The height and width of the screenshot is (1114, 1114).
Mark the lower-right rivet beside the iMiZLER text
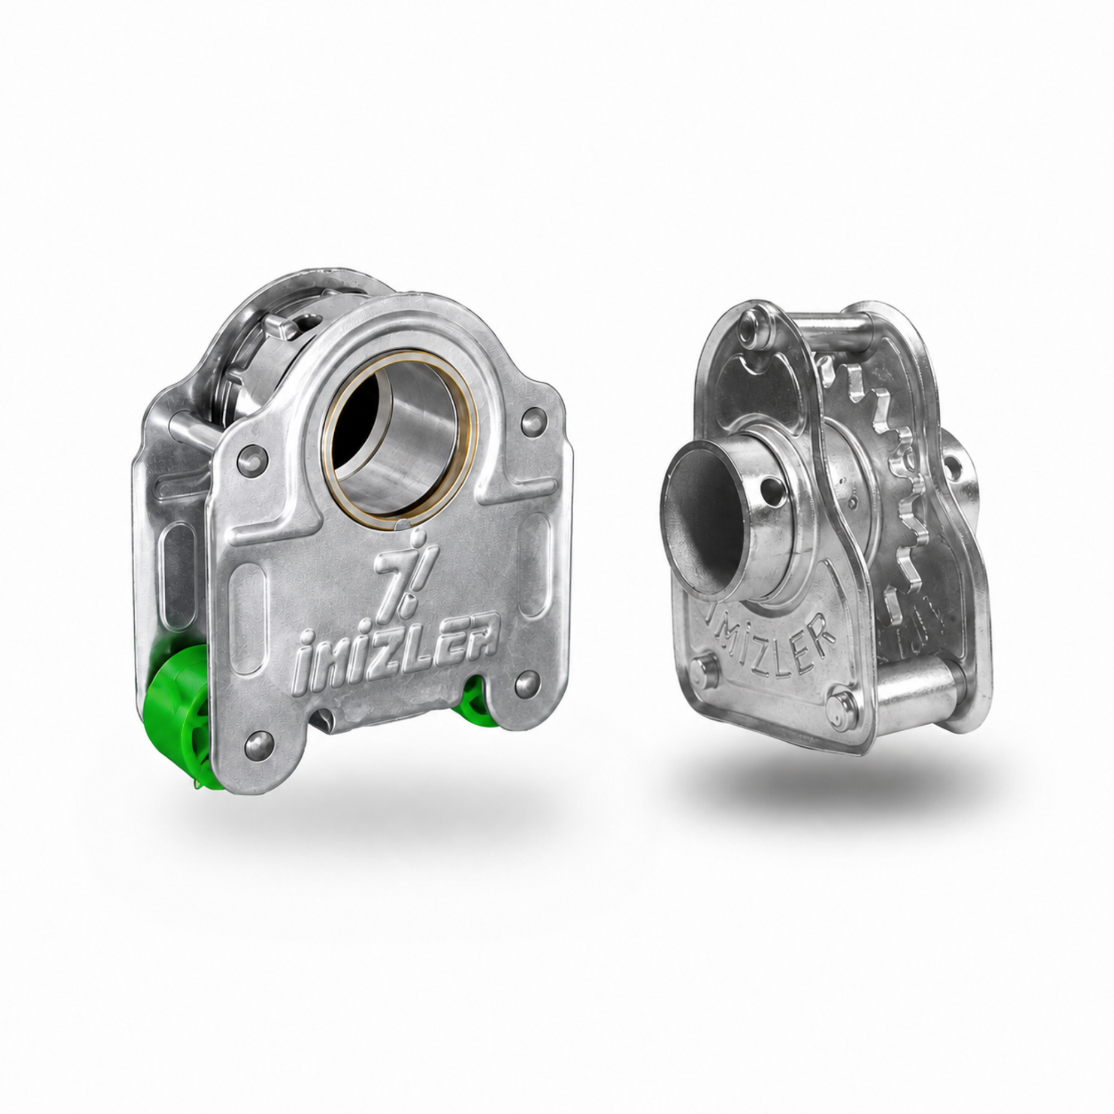click(x=527, y=682)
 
